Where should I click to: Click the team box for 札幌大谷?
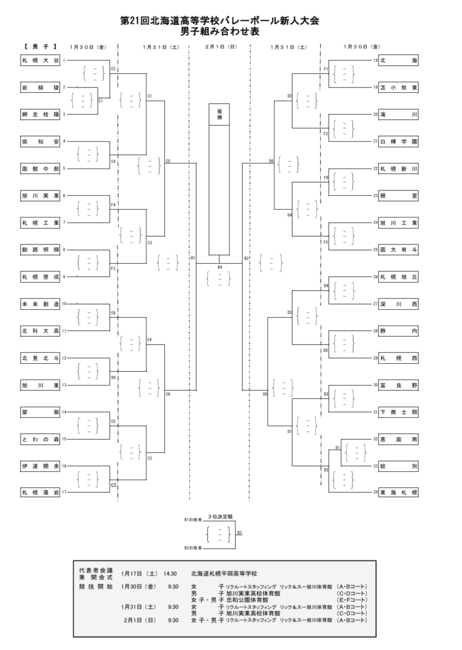point(41,61)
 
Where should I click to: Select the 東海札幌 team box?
point(399,492)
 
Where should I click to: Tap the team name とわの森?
point(41,438)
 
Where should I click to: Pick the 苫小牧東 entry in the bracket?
point(399,87)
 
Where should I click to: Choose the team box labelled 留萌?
point(41,412)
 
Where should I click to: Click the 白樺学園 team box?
point(399,141)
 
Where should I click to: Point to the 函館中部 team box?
point(41,168)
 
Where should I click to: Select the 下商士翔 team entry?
point(399,412)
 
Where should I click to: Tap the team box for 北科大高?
point(41,330)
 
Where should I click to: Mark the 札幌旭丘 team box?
point(399,277)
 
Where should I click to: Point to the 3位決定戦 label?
point(220,514)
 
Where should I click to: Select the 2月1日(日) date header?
point(219,47)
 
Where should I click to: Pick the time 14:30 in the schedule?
point(170,574)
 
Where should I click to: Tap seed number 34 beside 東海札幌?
point(375,492)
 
